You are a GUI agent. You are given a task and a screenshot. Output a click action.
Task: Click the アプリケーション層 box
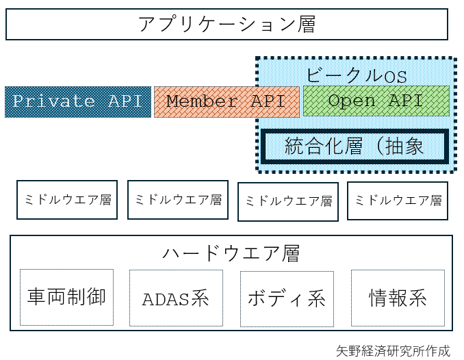pos(227,24)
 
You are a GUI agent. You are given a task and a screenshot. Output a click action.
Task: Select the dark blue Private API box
pos(77,102)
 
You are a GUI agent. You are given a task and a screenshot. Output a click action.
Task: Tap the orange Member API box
pos(226,102)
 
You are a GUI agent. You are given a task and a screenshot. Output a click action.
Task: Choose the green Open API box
pos(376,101)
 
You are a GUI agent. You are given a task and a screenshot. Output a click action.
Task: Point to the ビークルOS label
pos(356,75)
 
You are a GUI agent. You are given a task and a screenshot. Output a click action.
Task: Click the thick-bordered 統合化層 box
pos(355,146)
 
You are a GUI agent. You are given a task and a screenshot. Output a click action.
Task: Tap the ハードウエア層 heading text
pos(231,253)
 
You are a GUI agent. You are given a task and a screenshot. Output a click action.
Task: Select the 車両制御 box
pos(66,297)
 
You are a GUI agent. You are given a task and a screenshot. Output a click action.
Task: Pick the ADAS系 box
pos(175,298)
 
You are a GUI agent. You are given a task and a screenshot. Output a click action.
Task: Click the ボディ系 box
pos(286,298)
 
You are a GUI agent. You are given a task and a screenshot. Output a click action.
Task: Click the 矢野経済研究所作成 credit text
pos(393,351)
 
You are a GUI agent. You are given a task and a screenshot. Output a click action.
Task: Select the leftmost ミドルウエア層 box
pos(67,200)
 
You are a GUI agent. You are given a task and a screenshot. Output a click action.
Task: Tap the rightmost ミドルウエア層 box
pos(397,201)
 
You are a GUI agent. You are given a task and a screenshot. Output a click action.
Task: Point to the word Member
pos(202,102)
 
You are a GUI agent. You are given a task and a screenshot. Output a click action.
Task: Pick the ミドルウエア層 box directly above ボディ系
pos(287,201)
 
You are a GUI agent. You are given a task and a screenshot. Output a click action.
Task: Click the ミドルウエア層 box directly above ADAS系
pos(177,200)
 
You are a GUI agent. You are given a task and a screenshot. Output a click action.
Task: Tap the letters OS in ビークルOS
pos(395,76)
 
